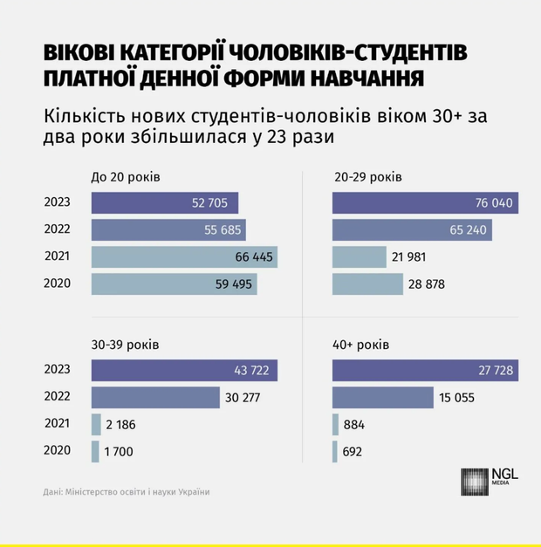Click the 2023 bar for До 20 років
(x=165, y=203)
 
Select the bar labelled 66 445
(x=184, y=257)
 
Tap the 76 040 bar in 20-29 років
(x=425, y=203)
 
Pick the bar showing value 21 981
(x=359, y=257)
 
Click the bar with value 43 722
(x=184, y=371)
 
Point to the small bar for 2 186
(x=96, y=425)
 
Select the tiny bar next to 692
(x=335, y=452)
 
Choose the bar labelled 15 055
(x=383, y=398)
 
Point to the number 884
(x=354, y=425)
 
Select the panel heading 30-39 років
(x=125, y=343)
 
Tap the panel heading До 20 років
(x=126, y=177)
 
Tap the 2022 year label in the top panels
(x=57, y=230)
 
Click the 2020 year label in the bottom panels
(x=57, y=452)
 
